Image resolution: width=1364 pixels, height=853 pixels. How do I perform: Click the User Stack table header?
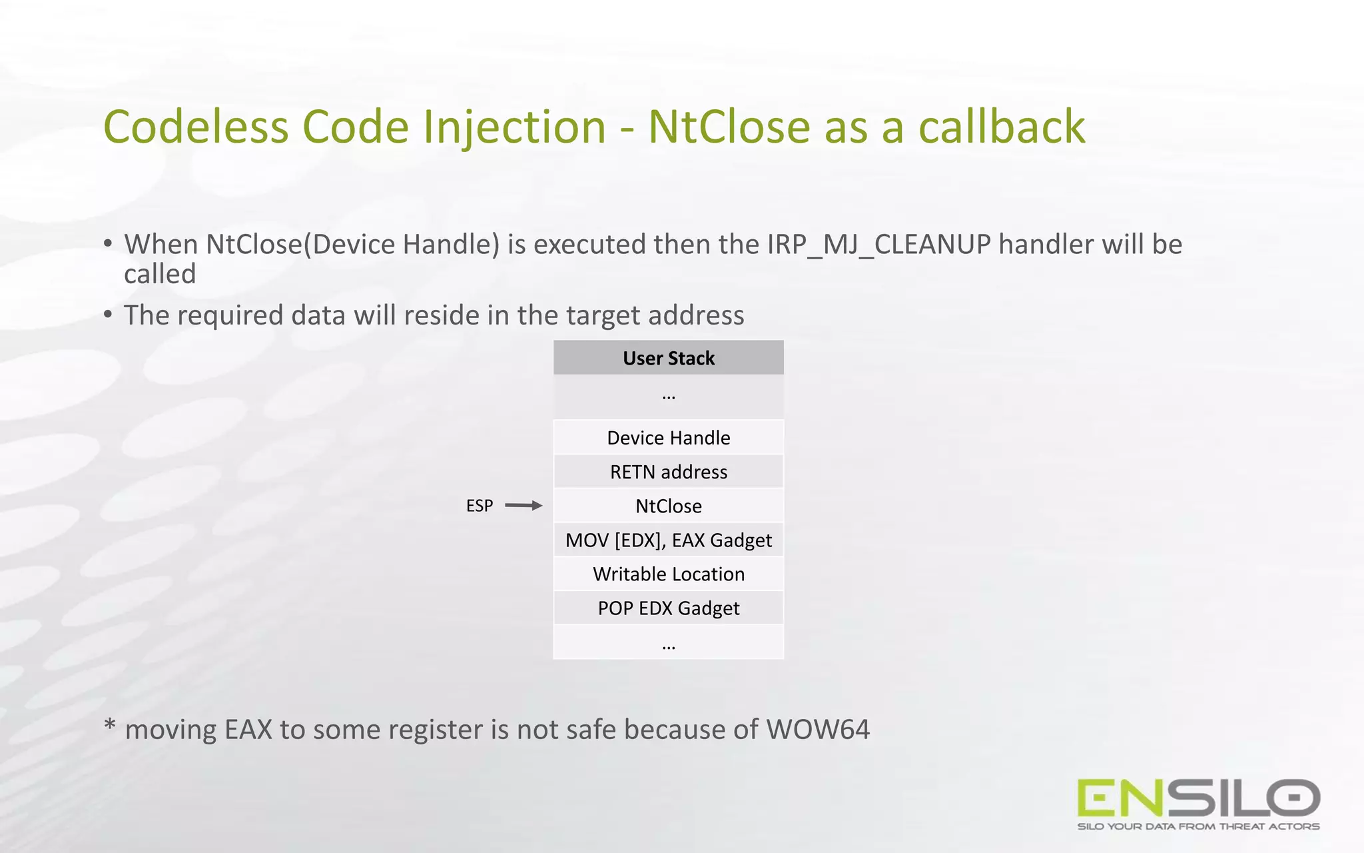[668, 358]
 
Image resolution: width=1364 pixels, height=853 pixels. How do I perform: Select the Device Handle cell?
[668, 438]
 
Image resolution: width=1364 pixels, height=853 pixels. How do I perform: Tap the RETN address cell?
[668, 472]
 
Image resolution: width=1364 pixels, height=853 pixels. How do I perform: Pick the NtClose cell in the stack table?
[668, 506]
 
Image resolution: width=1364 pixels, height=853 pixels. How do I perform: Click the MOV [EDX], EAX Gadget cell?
[668, 540]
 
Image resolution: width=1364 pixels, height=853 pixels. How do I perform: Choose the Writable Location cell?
[668, 574]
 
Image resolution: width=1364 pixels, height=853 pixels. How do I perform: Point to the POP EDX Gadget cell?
[668, 608]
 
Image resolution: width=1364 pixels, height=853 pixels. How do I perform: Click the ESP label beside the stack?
[480, 506]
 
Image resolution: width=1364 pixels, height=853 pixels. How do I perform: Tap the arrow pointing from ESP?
[523, 506]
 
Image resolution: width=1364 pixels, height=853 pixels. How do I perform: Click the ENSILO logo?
[1198, 798]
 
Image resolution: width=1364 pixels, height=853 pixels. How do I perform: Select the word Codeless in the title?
[196, 127]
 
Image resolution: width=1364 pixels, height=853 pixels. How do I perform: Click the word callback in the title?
[1002, 127]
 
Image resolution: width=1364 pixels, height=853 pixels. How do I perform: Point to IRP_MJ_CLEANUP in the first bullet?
[879, 245]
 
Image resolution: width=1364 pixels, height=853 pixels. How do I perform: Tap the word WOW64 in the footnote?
[818, 730]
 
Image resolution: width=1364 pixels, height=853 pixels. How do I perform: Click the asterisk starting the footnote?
[110, 726]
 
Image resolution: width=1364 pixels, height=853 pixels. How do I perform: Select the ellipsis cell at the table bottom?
[668, 644]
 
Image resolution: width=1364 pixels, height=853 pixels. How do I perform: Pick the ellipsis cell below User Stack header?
[668, 396]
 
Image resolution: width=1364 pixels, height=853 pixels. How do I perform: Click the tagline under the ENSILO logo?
[1198, 826]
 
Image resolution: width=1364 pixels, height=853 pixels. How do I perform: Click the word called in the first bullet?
[160, 274]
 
